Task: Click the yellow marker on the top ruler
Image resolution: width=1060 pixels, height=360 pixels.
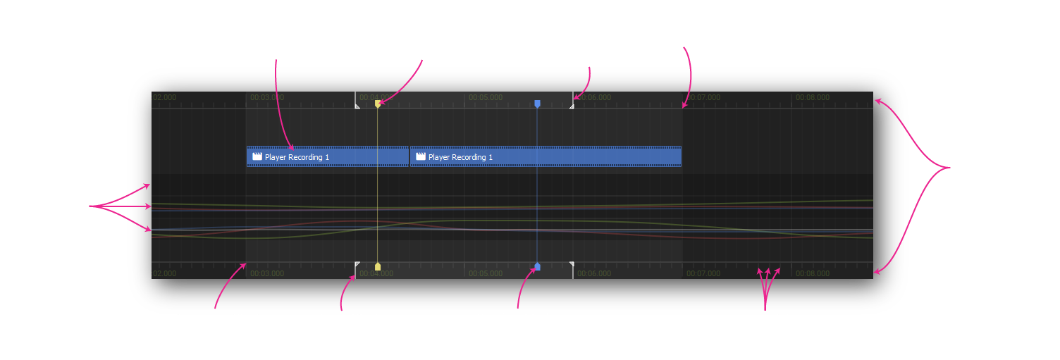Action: point(378,104)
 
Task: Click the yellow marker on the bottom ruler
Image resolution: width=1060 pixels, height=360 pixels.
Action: point(378,266)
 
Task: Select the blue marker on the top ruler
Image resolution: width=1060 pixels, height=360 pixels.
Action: point(537,104)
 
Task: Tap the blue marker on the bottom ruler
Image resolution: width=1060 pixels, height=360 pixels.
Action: point(537,266)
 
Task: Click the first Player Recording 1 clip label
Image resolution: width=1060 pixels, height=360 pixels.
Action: point(297,157)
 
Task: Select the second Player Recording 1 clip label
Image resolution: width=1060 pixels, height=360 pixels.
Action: point(460,157)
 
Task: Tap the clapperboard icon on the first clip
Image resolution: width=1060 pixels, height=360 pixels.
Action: point(257,156)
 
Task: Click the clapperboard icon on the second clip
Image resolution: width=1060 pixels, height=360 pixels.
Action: point(421,156)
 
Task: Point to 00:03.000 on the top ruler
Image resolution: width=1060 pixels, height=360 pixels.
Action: point(267,97)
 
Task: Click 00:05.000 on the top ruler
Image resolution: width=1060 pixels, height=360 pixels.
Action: point(486,97)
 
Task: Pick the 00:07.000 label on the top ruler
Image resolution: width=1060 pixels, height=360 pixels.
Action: point(703,97)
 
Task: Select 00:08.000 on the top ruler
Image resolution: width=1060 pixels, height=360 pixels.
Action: point(813,97)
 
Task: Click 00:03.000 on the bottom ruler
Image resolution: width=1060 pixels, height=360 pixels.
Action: point(267,273)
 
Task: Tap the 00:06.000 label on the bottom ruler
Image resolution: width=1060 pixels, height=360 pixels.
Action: point(594,273)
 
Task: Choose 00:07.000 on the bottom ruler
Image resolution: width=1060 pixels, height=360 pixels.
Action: point(703,273)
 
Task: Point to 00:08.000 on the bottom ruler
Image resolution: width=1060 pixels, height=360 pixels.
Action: point(813,273)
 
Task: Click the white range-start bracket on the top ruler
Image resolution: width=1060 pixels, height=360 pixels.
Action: point(357,106)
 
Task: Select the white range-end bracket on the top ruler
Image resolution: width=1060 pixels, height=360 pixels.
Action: point(571,106)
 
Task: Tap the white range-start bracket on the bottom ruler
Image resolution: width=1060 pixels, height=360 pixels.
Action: point(357,265)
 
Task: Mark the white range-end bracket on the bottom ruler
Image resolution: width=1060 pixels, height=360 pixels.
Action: point(571,265)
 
